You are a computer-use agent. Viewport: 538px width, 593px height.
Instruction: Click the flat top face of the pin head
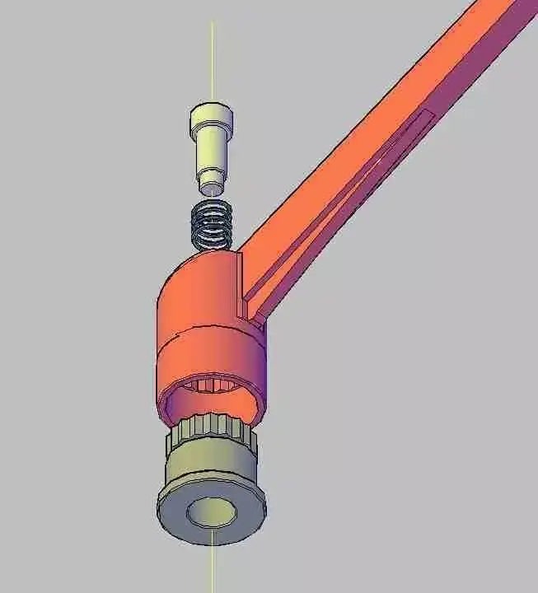211,109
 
